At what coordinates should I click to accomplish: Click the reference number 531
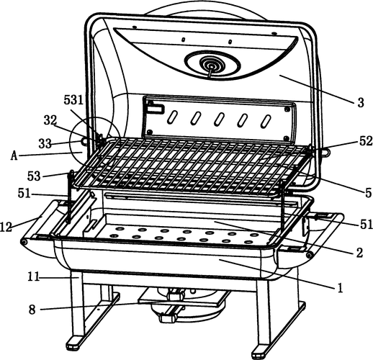click(73, 100)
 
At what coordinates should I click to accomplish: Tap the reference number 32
click(50, 120)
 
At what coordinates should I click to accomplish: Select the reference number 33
click(45, 144)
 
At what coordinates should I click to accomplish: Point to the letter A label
click(14, 156)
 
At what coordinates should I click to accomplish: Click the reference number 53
click(34, 176)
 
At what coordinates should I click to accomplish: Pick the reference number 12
click(6, 227)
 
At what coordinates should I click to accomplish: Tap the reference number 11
click(33, 277)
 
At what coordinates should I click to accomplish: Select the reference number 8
click(32, 310)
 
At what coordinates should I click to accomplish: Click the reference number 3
click(361, 103)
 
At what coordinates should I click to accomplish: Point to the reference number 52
click(366, 141)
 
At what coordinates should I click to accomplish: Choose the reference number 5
click(368, 193)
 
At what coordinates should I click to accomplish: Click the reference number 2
click(359, 253)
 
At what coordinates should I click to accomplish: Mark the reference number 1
click(340, 288)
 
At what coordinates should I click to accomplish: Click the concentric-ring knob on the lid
click(212, 64)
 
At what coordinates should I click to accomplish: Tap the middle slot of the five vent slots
click(219, 119)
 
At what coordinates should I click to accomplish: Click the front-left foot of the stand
click(75, 342)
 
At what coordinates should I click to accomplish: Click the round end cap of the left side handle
click(24, 242)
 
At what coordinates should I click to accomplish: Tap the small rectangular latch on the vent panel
click(156, 109)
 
